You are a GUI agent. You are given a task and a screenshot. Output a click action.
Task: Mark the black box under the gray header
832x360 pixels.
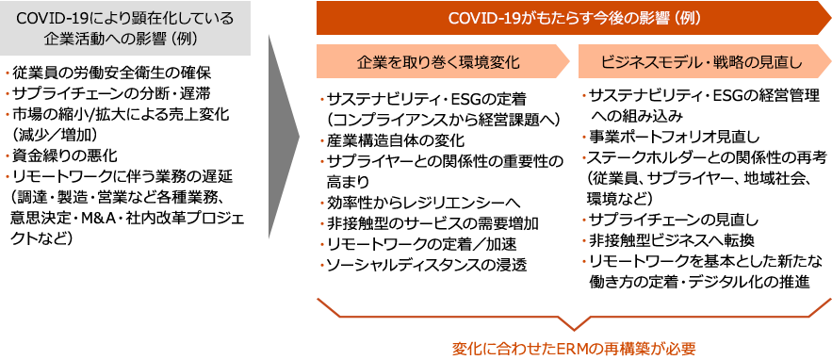pos(122,155)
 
